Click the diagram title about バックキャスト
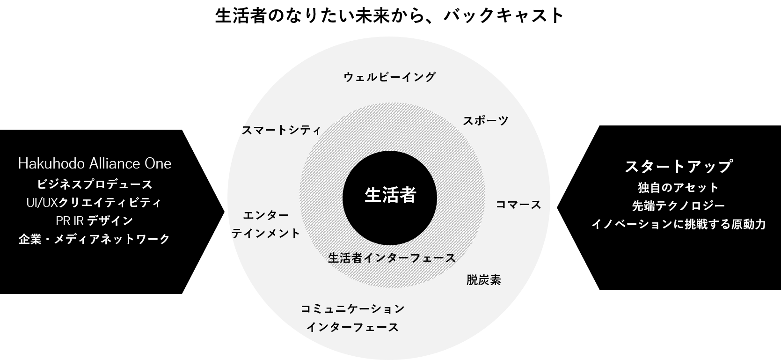point(390,15)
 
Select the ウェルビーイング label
point(390,77)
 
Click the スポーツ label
point(485,121)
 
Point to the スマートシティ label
point(281,130)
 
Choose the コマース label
point(518,205)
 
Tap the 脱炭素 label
point(484,280)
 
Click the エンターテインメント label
point(266,224)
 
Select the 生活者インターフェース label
point(391,258)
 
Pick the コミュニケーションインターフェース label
point(352,318)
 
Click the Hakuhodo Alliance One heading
point(95,164)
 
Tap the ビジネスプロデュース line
point(95,184)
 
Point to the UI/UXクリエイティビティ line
point(95,203)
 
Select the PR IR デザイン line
point(95,220)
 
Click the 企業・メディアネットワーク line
point(95,239)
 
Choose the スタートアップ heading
point(678,166)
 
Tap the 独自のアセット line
point(678,188)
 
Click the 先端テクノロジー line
point(678,206)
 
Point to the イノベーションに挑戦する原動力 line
point(678,224)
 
